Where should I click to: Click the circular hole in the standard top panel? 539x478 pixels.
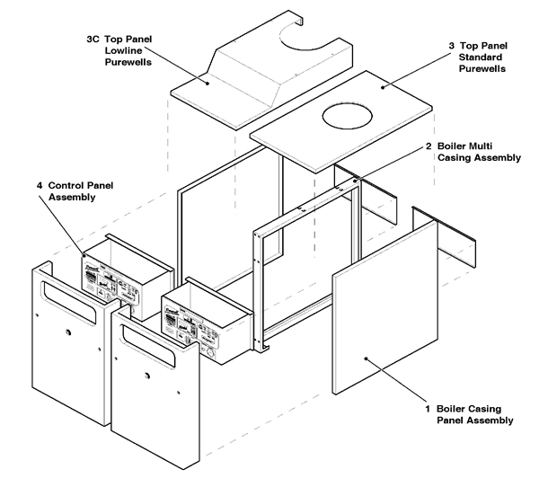coord(346,116)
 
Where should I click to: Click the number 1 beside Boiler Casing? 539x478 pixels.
coord(428,409)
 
